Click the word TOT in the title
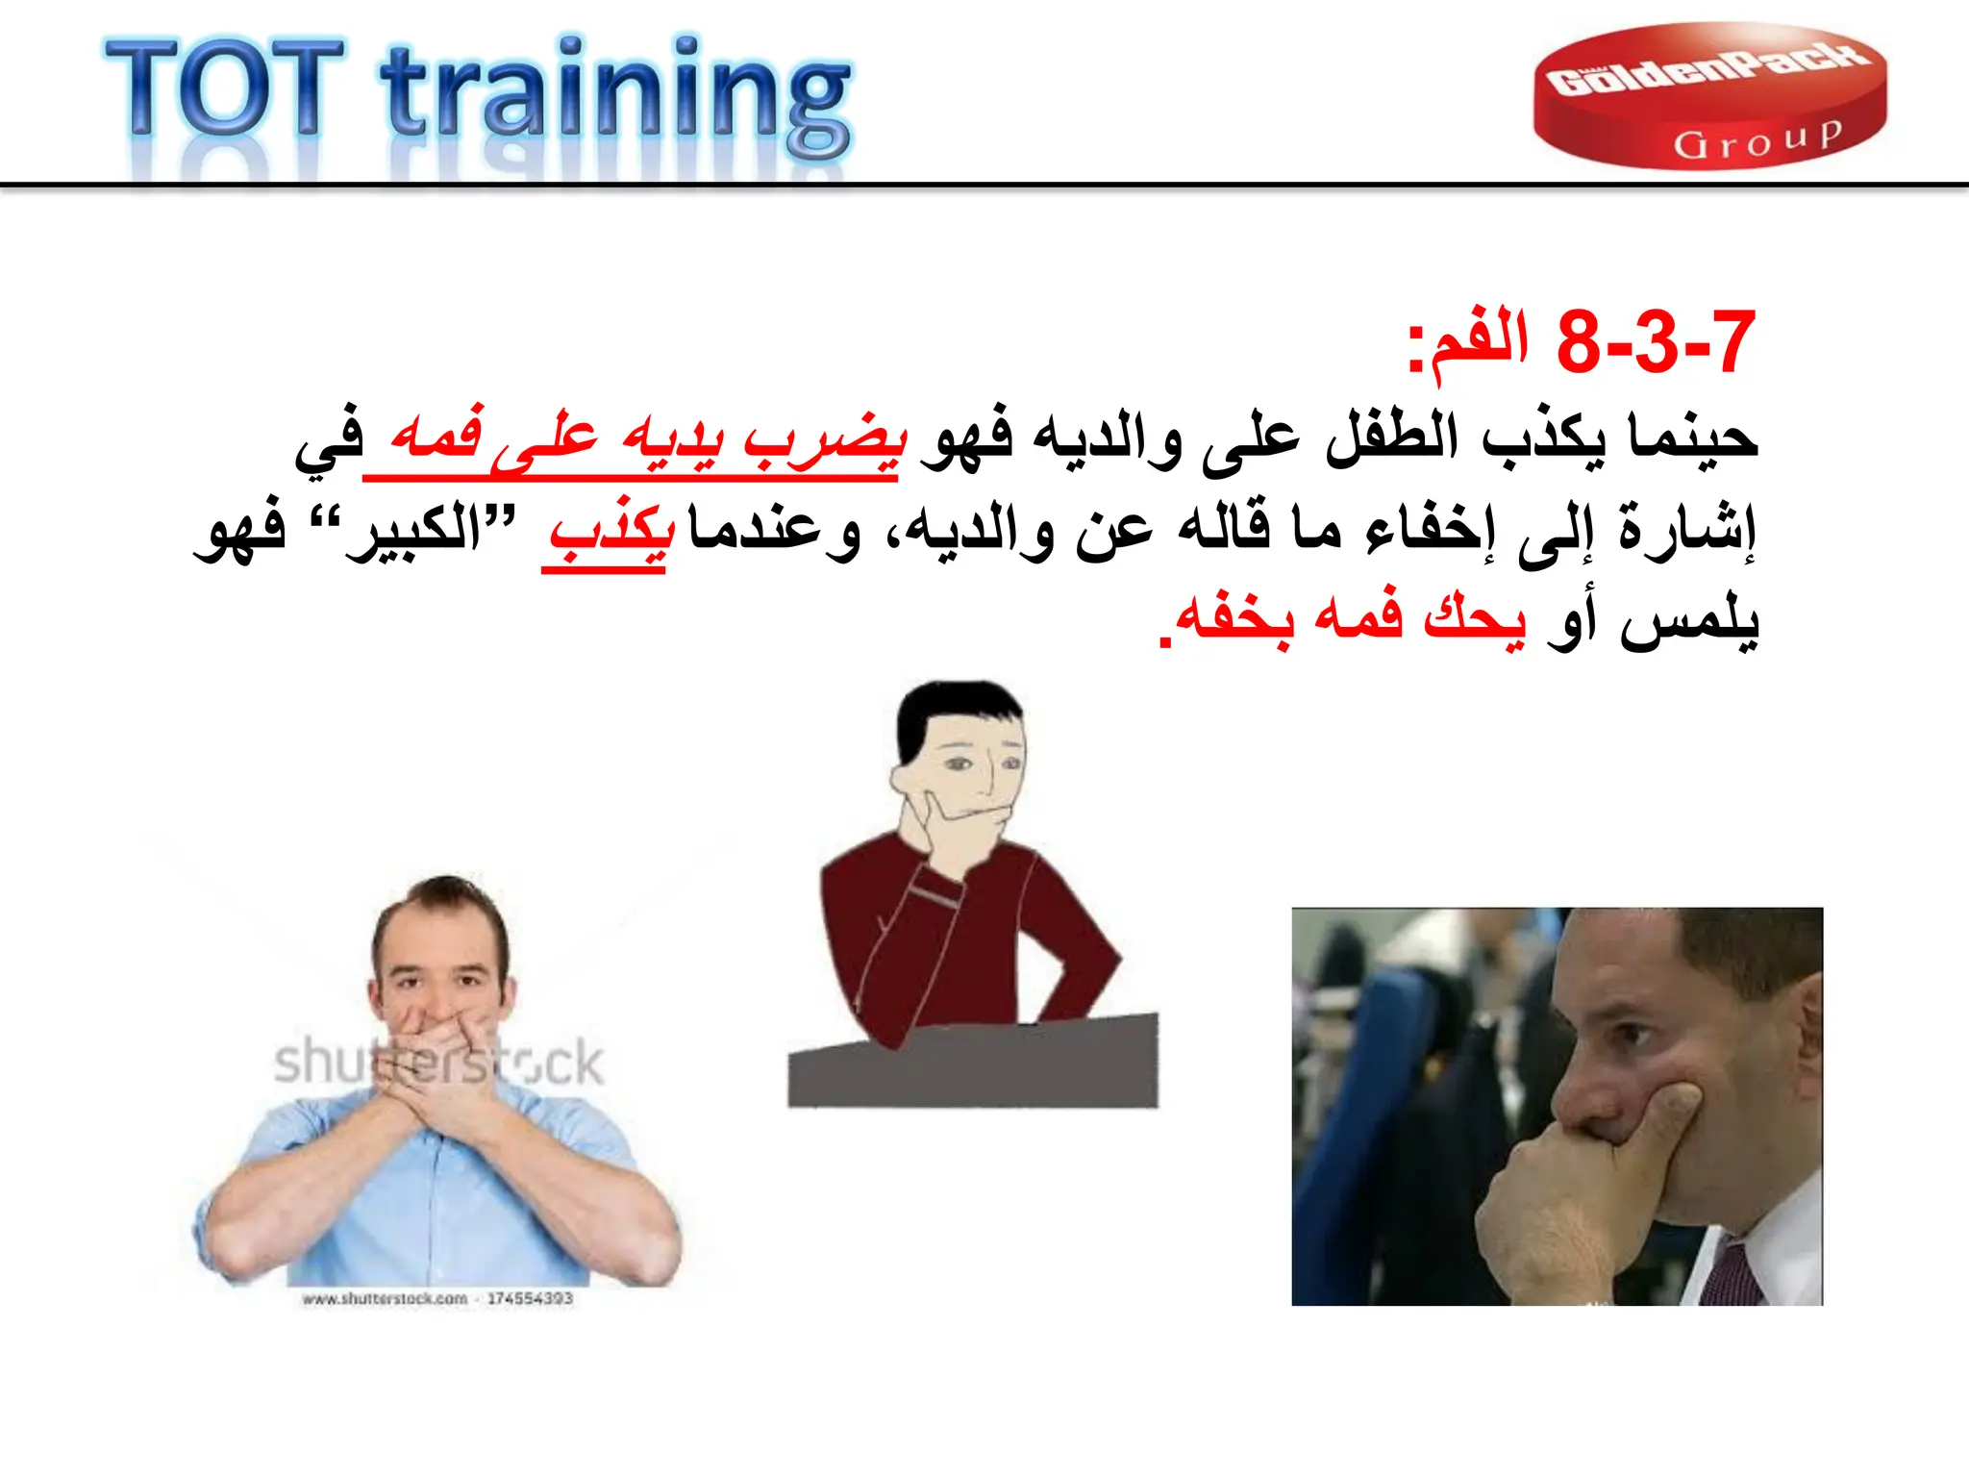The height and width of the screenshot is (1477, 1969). (x=223, y=88)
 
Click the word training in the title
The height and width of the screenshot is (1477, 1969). (x=615, y=96)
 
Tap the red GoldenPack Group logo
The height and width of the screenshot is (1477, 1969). (x=1708, y=96)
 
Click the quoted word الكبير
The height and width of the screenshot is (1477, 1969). (x=413, y=529)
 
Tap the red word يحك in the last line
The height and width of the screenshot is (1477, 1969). (x=1473, y=617)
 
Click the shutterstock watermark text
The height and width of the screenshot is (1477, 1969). (x=438, y=1063)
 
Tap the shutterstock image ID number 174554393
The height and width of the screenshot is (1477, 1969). (x=530, y=1298)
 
